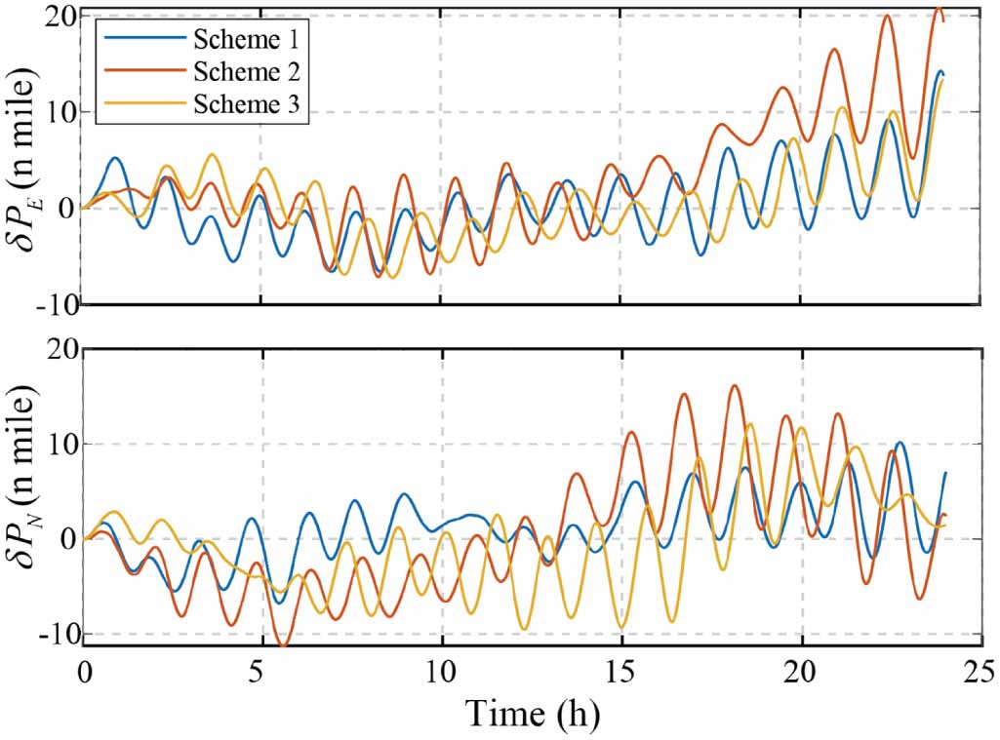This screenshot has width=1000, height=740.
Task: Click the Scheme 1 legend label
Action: pyautogui.click(x=246, y=40)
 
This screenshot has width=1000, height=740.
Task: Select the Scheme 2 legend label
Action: pyautogui.click(x=247, y=71)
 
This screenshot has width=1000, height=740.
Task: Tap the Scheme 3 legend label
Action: pyautogui.click(x=247, y=103)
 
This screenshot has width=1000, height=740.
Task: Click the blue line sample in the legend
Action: pyautogui.click(x=144, y=40)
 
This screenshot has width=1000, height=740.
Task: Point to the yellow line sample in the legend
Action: pyautogui.click(x=144, y=103)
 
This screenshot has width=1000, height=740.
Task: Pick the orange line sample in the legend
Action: pyautogui.click(x=144, y=71)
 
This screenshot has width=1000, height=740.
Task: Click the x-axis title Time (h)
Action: pyautogui.click(x=533, y=714)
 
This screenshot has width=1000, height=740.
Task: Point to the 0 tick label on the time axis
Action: pyautogui.click(x=84, y=674)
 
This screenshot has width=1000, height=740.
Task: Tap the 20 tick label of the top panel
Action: pyautogui.click(x=61, y=17)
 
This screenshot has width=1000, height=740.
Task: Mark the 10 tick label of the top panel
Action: pyautogui.click(x=61, y=112)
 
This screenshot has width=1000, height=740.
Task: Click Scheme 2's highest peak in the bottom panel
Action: pyautogui.click(x=735, y=385)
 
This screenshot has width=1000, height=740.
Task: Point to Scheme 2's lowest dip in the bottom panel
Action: pyautogui.click(x=284, y=645)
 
